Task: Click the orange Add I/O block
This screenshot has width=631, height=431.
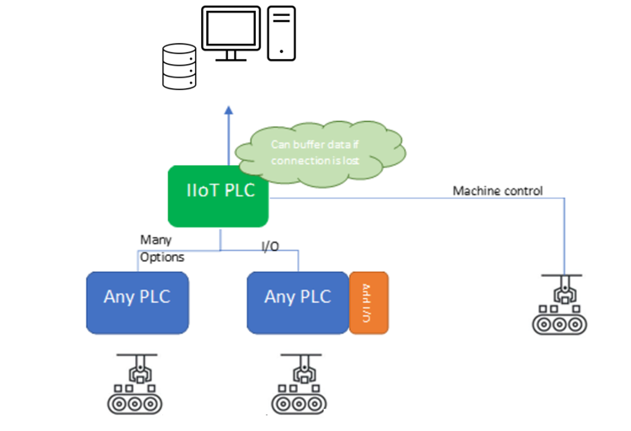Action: tap(368, 302)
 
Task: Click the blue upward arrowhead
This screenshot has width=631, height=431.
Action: tap(227, 111)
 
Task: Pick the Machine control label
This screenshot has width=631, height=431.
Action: tap(497, 191)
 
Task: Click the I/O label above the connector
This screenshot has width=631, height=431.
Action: tap(269, 246)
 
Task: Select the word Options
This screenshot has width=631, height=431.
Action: tap(162, 257)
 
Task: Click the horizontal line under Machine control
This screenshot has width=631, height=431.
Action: tap(421, 199)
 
